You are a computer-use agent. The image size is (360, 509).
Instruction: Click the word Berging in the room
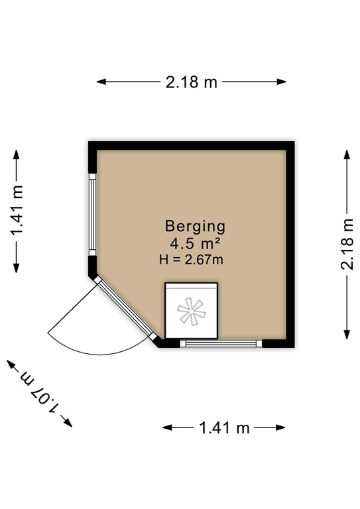(x=195, y=227)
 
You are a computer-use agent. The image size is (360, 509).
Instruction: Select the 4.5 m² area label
(x=196, y=243)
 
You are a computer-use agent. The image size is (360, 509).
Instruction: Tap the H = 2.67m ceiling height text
(x=191, y=260)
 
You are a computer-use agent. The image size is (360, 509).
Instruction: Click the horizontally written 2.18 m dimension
(x=191, y=82)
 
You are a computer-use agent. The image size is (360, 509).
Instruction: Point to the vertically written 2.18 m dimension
(x=347, y=244)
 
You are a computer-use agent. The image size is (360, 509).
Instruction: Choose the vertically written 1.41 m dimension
(x=17, y=210)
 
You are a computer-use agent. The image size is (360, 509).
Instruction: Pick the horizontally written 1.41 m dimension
(x=224, y=427)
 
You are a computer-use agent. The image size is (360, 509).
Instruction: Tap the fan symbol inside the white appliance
(x=192, y=311)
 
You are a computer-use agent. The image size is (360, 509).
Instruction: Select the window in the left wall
(x=93, y=214)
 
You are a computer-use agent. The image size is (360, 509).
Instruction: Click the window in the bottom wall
(x=221, y=343)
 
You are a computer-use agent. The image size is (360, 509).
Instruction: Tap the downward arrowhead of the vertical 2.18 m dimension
(x=347, y=335)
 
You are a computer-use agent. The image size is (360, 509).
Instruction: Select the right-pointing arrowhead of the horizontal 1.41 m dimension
(x=281, y=427)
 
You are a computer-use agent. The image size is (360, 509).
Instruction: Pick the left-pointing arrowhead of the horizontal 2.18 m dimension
(x=101, y=82)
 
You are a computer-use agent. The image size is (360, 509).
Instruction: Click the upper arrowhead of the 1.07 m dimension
(x=11, y=365)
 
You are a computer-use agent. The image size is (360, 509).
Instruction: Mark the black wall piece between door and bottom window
(x=166, y=343)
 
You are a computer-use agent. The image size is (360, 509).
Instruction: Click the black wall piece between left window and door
(x=93, y=267)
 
